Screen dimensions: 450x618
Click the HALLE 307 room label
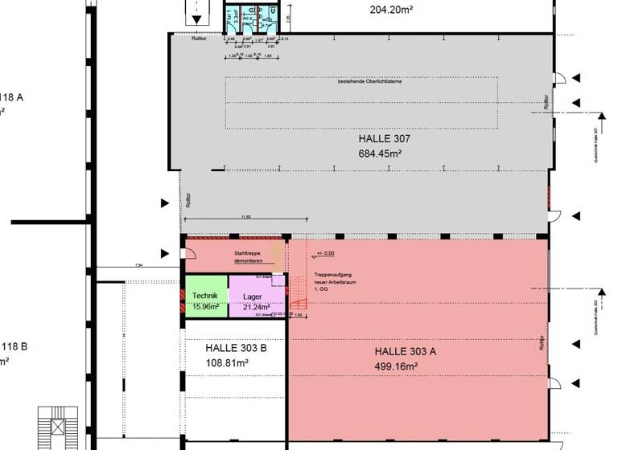tap(384, 139)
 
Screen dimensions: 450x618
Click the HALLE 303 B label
tap(236, 348)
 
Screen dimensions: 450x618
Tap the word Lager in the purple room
tap(253, 296)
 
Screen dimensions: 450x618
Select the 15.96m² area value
tap(206, 306)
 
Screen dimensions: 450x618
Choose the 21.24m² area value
tap(256, 306)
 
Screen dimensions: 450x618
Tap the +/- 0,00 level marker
tap(326, 253)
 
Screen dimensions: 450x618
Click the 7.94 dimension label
tap(139, 264)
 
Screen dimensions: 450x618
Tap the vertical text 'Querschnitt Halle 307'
tap(595, 145)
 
